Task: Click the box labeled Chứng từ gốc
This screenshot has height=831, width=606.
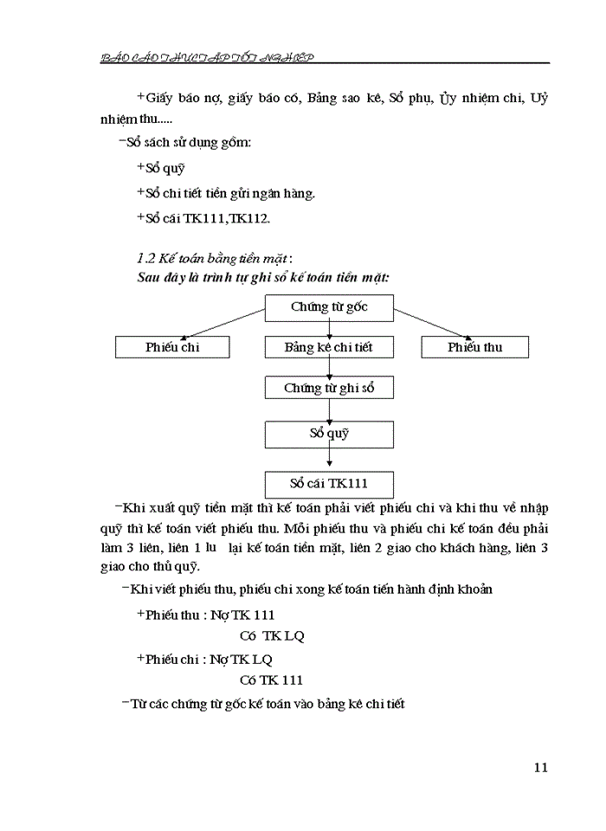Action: (329, 307)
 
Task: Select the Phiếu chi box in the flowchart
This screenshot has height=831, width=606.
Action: (172, 347)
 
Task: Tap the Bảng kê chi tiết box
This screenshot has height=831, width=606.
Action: (329, 347)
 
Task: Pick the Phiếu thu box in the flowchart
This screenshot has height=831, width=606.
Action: (474, 347)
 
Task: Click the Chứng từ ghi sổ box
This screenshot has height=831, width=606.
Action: (329, 388)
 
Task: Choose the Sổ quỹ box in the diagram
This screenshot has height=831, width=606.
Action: (329, 433)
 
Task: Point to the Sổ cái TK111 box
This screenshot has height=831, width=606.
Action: (329, 483)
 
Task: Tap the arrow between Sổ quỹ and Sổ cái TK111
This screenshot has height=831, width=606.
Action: (329, 458)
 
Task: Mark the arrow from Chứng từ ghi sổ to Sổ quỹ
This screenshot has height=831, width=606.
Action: (329, 410)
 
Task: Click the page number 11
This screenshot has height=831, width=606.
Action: (541, 768)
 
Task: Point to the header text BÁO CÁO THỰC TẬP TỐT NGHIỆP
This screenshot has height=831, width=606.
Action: (208, 57)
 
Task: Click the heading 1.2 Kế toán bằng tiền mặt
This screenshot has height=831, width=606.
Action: (215, 259)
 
